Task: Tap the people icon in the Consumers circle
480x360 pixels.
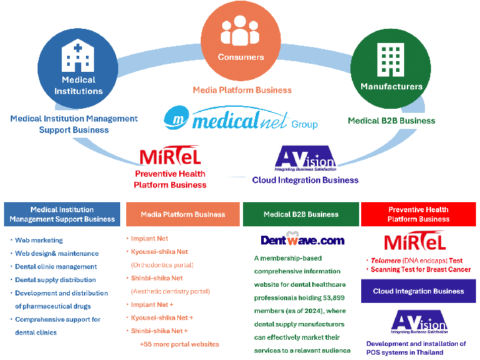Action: coord(240,30)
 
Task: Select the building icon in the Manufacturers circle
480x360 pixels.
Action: coord(390,59)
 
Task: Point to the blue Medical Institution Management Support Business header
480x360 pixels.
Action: coord(62,214)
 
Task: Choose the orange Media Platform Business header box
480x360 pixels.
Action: coord(183,214)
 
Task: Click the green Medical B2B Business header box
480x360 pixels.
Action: coord(301,214)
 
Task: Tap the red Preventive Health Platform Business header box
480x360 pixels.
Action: coord(418,214)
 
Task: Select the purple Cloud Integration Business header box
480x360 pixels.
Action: coord(418,291)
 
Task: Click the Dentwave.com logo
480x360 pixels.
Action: coord(302,240)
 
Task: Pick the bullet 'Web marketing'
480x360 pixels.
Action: coord(39,240)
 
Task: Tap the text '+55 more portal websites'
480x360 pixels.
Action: coord(179,344)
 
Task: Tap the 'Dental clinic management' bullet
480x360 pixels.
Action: coord(56,267)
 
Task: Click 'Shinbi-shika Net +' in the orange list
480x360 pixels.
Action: coord(160,330)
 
